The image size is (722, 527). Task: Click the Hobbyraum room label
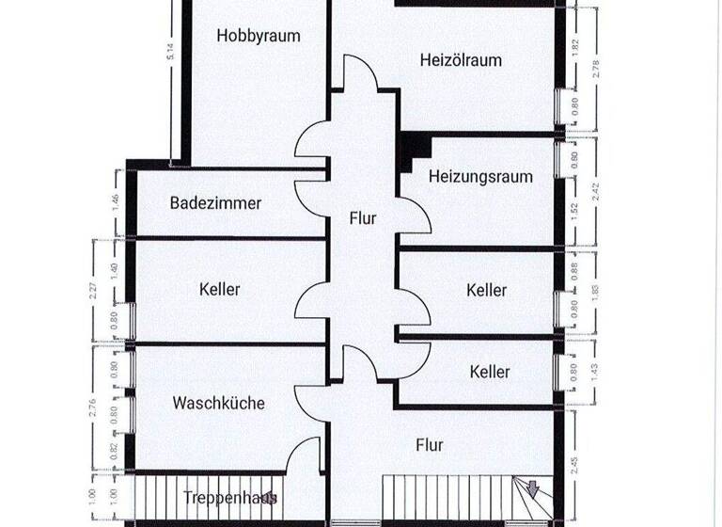(x=258, y=37)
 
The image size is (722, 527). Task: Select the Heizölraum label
(x=460, y=60)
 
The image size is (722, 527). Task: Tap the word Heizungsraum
(x=480, y=176)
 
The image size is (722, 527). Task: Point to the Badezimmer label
(x=215, y=202)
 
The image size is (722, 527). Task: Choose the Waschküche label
(x=218, y=403)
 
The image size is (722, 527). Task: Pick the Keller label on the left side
(x=220, y=289)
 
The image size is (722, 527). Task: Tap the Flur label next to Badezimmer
(x=363, y=218)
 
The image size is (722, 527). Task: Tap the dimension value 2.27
(x=92, y=292)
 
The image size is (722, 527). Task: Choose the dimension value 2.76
(x=92, y=407)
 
